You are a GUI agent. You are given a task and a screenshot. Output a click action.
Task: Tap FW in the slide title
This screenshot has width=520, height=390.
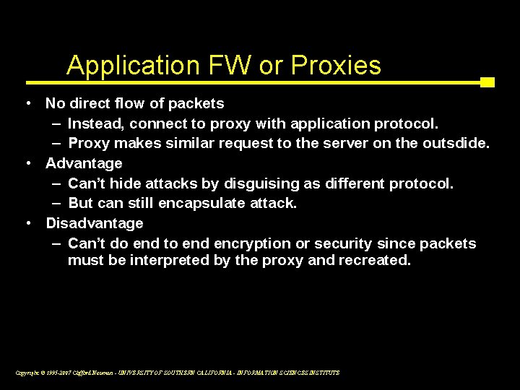pyautogui.click(x=216, y=66)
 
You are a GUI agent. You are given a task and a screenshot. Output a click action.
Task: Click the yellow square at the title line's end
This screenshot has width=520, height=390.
pyautogui.click(x=487, y=82)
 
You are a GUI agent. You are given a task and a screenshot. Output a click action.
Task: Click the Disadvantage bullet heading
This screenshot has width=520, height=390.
pyautogui.click(x=95, y=223)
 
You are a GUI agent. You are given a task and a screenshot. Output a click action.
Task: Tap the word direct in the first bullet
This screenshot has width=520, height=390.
pyautogui.click(x=92, y=103)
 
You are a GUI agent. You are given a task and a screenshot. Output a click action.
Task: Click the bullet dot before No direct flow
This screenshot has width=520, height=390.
pyautogui.click(x=27, y=103)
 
